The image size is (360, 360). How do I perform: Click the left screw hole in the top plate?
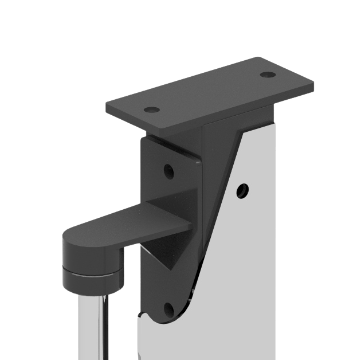click(x=152, y=110)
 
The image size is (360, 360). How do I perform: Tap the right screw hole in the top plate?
click(x=268, y=75)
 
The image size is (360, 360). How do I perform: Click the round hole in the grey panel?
click(x=242, y=191)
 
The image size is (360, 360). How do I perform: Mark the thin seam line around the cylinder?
click(x=92, y=275)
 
